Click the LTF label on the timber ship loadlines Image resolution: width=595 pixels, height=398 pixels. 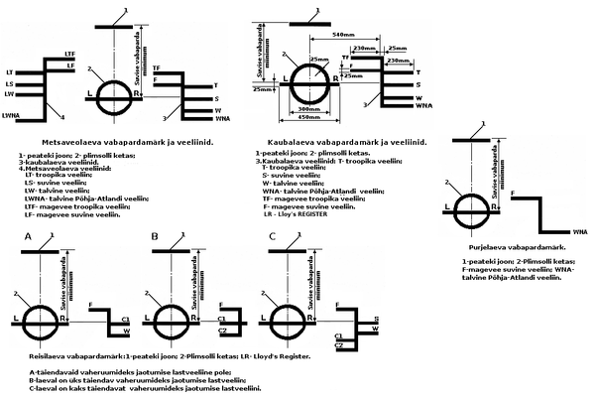[69, 53]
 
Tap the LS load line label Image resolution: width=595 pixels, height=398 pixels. [9, 84]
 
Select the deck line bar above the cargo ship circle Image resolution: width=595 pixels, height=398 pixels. [307, 17]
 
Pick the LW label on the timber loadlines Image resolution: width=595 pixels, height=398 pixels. [9, 95]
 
